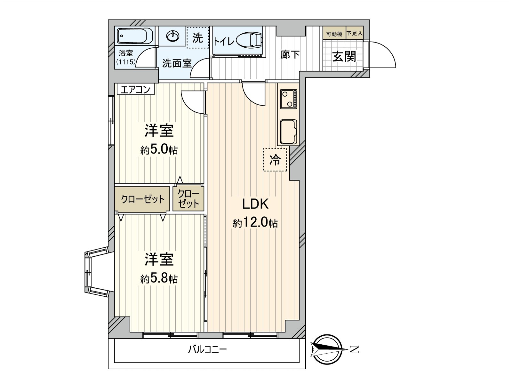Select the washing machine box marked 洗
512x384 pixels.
click(x=197, y=38)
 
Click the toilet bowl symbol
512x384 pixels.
click(x=250, y=41)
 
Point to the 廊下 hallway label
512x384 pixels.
click(x=290, y=55)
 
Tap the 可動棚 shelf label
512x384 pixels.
click(x=334, y=34)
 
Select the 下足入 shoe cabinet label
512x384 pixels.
click(x=355, y=33)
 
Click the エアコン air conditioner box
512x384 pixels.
click(x=136, y=89)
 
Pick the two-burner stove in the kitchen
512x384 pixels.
click(x=289, y=99)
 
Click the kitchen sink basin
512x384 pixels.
click(x=288, y=132)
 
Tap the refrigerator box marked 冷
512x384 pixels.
click(x=275, y=159)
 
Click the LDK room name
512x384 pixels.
click(x=255, y=204)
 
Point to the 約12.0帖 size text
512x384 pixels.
click(x=255, y=223)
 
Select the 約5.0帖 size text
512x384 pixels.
click(x=159, y=150)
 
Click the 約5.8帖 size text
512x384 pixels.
click(x=159, y=279)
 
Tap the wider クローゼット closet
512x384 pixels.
click(x=142, y=200)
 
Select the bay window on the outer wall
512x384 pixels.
click(x=93, y=272)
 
